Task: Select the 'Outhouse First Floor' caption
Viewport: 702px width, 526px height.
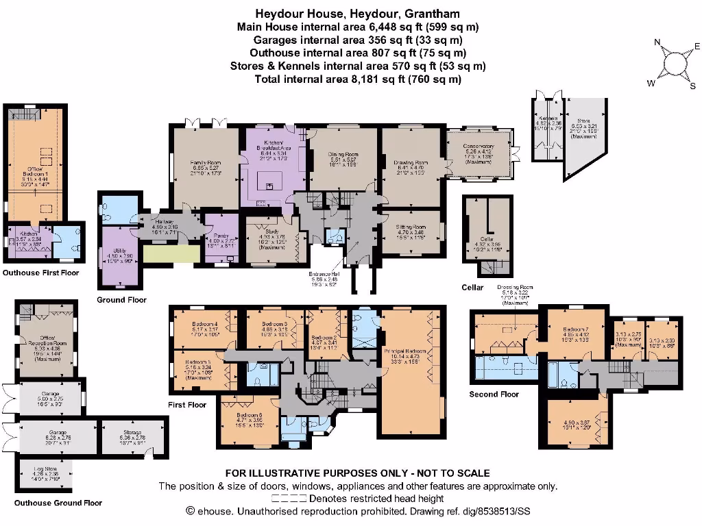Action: pyautogui.click(x=41, y=273)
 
